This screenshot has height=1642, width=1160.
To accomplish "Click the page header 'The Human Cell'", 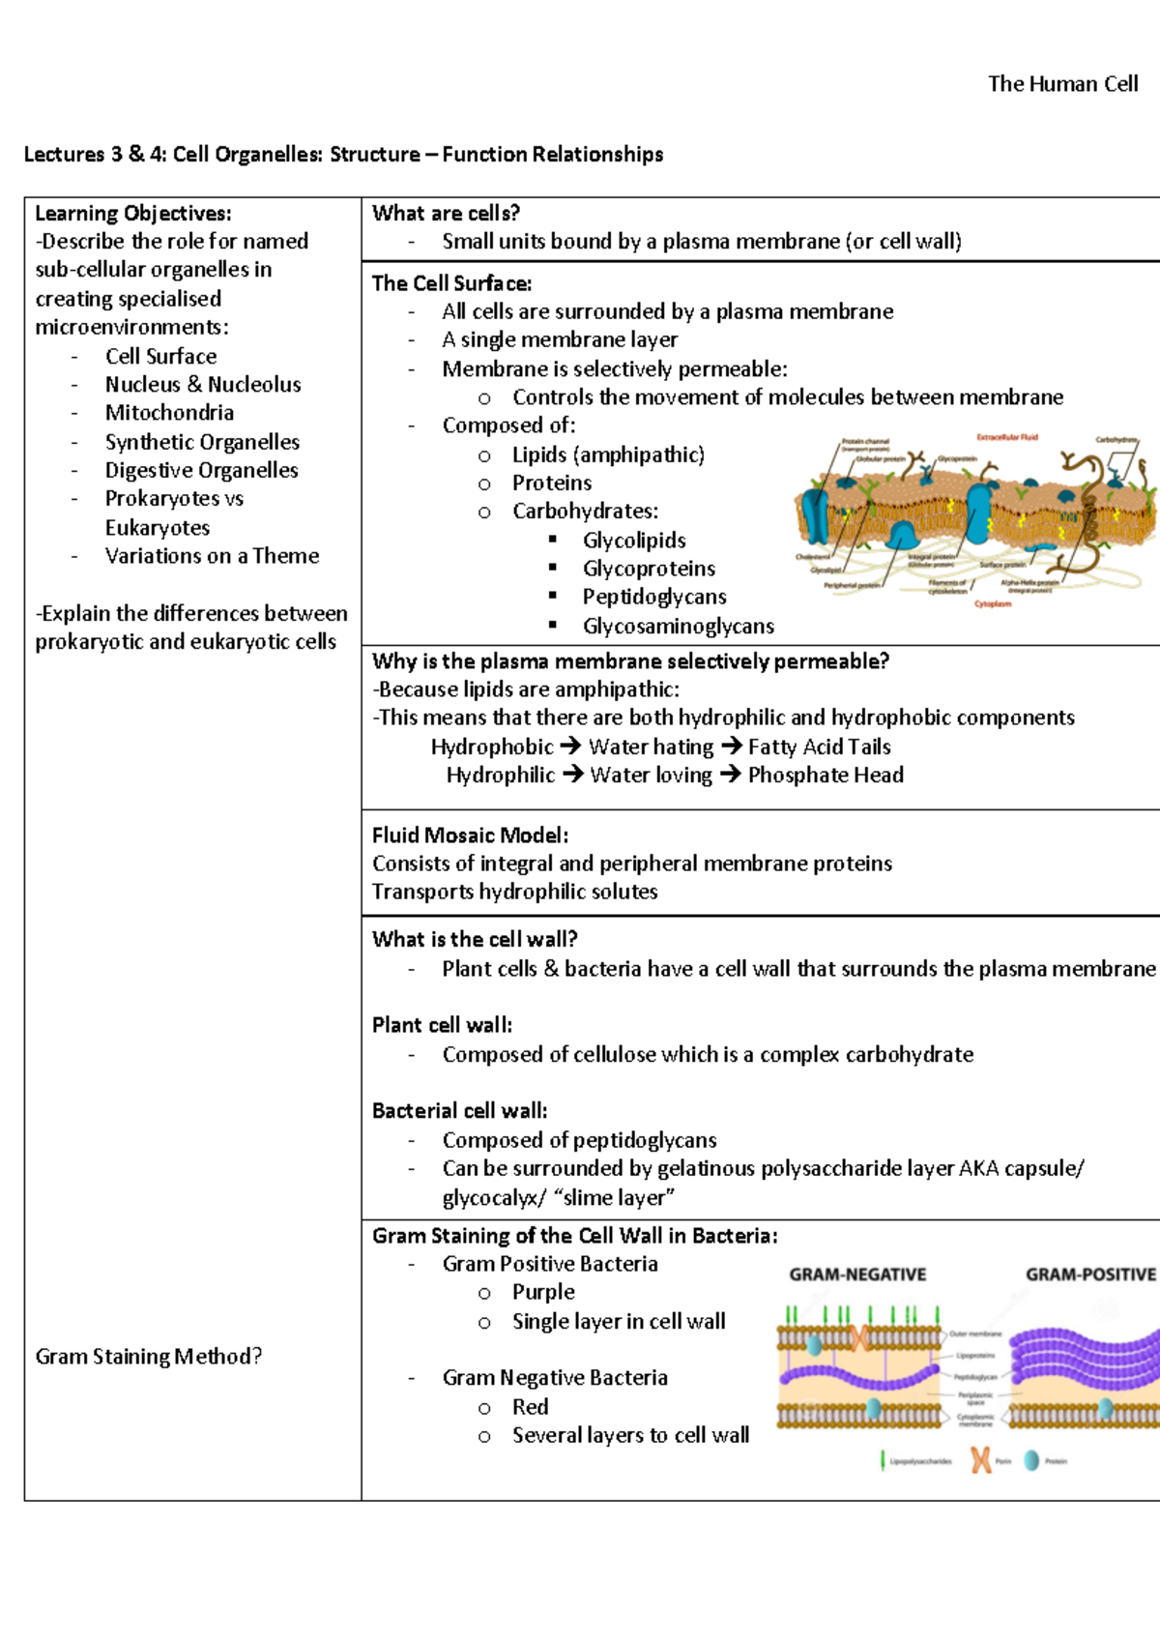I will pos(1062,84).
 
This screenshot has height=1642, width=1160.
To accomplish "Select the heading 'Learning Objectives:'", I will pos(133,214).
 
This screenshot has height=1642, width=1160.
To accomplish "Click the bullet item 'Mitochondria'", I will pos(169,413).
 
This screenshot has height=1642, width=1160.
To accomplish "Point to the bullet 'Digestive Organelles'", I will pos(201,470).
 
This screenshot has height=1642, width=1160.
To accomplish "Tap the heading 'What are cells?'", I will pos(446,214).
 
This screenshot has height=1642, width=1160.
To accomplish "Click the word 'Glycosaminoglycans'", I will pos(678,627).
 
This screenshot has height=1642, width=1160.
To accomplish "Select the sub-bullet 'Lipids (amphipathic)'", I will pos(608,454).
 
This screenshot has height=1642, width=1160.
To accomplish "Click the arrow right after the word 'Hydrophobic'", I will pos(571,747).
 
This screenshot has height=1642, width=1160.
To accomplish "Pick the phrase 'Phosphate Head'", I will pos(826,775).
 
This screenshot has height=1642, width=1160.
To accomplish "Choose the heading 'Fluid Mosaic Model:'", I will pos(470,836).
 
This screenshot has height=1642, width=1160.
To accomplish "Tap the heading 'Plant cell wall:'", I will pos(442,1025).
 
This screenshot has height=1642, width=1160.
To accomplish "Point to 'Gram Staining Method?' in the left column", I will pos(149,1357).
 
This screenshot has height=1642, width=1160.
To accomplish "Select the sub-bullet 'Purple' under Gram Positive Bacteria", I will pos(543,1292).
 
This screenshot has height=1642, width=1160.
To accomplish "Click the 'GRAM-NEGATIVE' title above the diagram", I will pos(857,1275).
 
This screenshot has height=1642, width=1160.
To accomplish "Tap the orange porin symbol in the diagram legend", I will pos(980,1460).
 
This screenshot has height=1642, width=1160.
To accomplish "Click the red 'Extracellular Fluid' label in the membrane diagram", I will pos(1006,437).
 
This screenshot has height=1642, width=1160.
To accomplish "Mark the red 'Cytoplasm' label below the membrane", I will pos(993,604).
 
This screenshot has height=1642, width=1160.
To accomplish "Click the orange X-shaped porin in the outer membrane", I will pos(858,1337).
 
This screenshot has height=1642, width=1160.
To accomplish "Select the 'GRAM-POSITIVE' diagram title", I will pos(1090,1275).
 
